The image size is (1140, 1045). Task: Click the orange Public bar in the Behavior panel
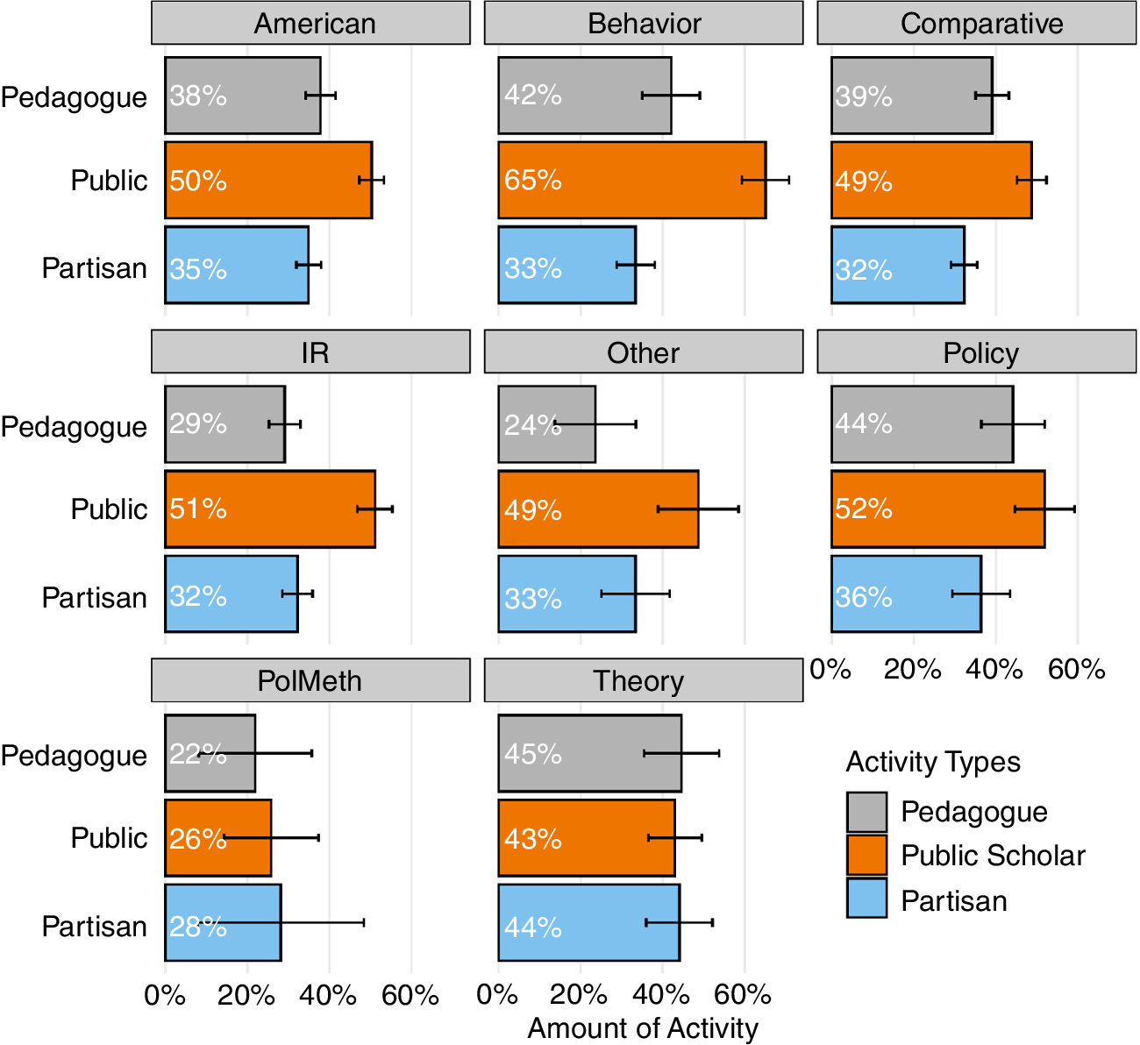click(631, 180)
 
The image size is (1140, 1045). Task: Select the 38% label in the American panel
click(198, 96)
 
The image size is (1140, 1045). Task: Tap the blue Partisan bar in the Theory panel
click(588, 922)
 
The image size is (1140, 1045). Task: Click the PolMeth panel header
click(310, 681)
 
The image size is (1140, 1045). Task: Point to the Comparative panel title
click(980, 24)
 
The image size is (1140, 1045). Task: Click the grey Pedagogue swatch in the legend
click(866, 812)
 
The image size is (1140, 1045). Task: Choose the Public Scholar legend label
click(993, 856)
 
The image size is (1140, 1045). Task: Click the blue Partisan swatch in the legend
click(866, 898)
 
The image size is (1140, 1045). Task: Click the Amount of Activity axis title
click(643, 1028)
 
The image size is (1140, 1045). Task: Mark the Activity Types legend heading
click(933, 762)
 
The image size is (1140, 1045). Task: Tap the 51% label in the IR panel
click(198, 509)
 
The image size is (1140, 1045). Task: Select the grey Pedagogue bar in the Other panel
click(546, 424)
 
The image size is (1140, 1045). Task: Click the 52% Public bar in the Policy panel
click(937, 509)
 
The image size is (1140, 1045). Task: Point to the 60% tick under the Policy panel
click(1077, 670)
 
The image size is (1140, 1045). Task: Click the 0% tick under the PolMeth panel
click(165, 995)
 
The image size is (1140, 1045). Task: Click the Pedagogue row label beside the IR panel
click(75, 427)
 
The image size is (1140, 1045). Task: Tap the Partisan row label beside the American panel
click(95, 267)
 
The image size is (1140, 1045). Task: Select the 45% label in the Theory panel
click(532, 754)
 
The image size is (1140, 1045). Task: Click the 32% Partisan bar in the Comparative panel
click(898, 266)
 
